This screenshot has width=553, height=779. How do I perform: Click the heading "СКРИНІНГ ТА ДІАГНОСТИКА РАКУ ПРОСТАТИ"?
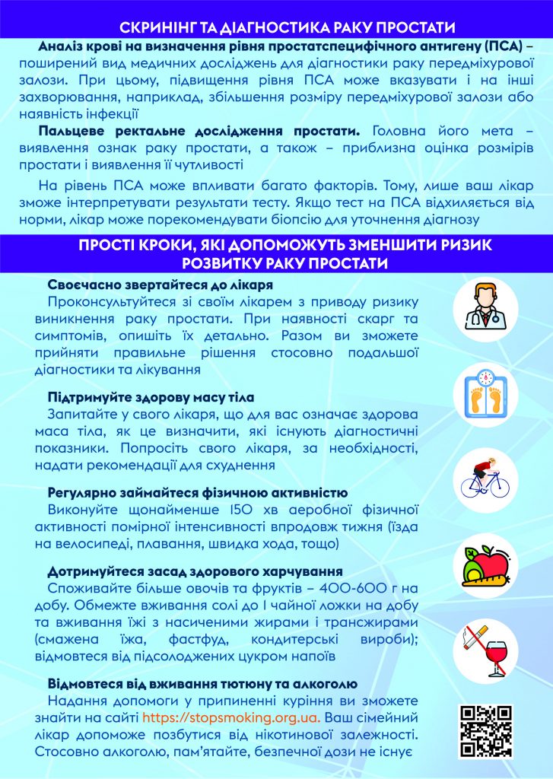tap(277, 27)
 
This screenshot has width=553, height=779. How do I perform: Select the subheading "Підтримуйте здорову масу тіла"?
tap(151, 398)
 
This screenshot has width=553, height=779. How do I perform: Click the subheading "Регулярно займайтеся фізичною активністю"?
tap(198, 492)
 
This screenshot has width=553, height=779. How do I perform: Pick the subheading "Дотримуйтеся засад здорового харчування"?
tap(195, 571)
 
